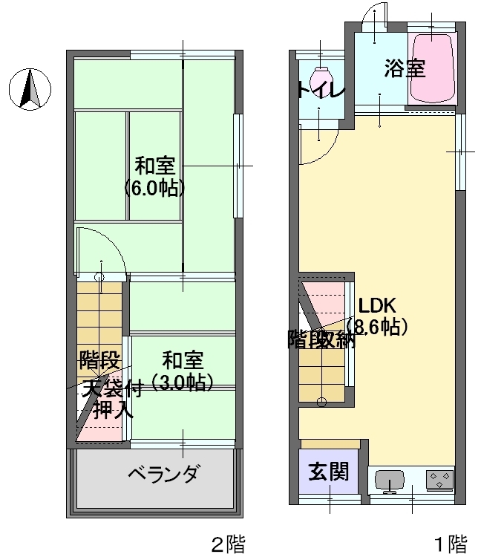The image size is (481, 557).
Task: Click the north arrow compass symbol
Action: click(x=30, y=89)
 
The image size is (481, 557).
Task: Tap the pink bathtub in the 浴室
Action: click(x=432, y=68)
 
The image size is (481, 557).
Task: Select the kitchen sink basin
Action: click(x=390, y=480)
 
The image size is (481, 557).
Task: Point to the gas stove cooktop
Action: click(x=439, y=480)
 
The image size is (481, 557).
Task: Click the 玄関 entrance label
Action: click(x=328, y=472)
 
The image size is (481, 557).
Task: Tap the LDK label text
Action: click(x=377, y=305)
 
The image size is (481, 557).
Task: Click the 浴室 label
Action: click(x=405, y=68)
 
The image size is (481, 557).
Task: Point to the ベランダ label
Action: click(x=164, y=474)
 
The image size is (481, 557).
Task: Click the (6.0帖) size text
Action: click(x=154, y=189)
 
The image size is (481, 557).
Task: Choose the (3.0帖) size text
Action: click(x=183, y=382)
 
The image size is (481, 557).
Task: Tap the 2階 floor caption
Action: click(x=229, y=544)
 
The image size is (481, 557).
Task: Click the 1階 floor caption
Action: click(x=451, y=544)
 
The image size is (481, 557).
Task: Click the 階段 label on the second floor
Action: click(x=99, y=360)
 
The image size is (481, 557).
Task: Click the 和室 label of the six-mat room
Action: click(x=155, y=166)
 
